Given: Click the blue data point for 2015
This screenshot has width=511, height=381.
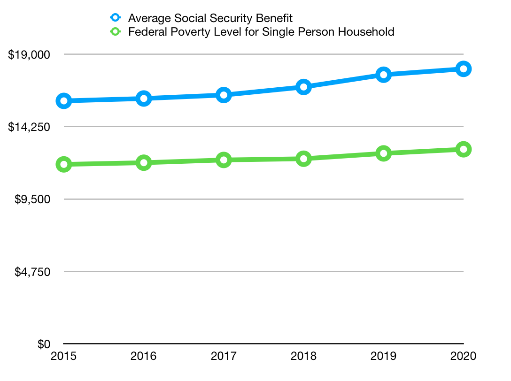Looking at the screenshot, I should [x=63, y=101].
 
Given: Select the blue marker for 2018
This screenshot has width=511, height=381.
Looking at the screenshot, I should [x=304, y=87].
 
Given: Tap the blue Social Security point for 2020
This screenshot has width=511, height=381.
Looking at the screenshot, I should [x=464, y=69].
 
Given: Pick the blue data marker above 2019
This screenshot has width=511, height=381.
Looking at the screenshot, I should [x=384, y=75].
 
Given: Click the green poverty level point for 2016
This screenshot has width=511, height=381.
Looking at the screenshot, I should [x=144, y=163].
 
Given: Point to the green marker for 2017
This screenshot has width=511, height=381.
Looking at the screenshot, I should [x=224, y=160].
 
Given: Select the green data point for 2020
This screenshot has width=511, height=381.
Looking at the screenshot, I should [x=464, y=149].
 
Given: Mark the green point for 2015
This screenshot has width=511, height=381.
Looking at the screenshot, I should [x=63, y=164].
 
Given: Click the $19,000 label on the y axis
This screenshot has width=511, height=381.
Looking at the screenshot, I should [x=29, y=54].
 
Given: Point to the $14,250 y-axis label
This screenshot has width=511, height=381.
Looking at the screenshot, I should [x=29, y=127].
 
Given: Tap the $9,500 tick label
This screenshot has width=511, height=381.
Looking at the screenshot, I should [x=31, y=199].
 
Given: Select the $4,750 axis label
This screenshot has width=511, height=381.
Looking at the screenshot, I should [x=31, y=272].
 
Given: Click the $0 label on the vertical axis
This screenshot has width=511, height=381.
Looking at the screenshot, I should [x=44, y=344].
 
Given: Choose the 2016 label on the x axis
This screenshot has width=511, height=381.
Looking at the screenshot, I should [x=144, y=356].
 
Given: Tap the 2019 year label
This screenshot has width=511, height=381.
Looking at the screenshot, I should [x=384, y=356].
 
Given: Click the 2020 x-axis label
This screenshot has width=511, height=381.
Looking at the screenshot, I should [x=464, y=356].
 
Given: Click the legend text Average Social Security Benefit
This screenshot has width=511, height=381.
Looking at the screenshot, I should [x=210, y=18].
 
